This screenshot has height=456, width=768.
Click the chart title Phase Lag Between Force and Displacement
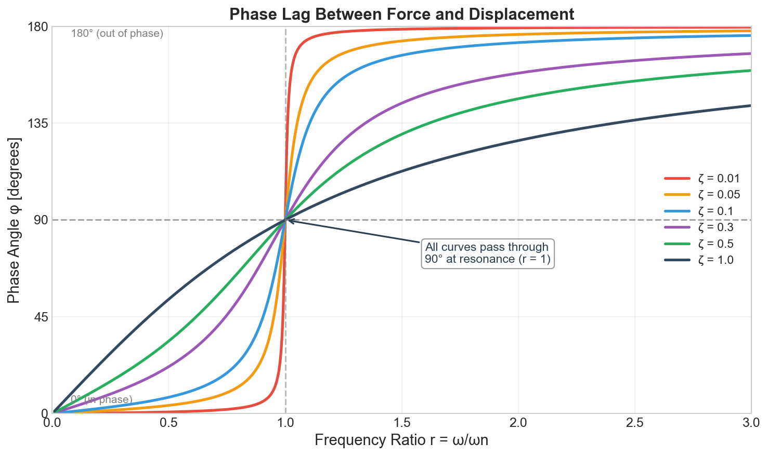401,14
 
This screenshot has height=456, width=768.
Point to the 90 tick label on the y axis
42,220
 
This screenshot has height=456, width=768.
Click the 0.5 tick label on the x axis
169,423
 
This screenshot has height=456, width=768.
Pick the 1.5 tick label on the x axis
401,423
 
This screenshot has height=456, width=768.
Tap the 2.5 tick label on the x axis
634,423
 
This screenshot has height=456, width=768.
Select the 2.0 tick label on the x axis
518,423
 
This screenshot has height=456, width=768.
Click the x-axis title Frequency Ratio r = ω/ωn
401,441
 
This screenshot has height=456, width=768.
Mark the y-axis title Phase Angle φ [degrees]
14,220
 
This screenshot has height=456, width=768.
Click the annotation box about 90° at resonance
487,253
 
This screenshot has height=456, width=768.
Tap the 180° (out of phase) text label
117,34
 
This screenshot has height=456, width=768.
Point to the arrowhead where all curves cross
289,220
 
